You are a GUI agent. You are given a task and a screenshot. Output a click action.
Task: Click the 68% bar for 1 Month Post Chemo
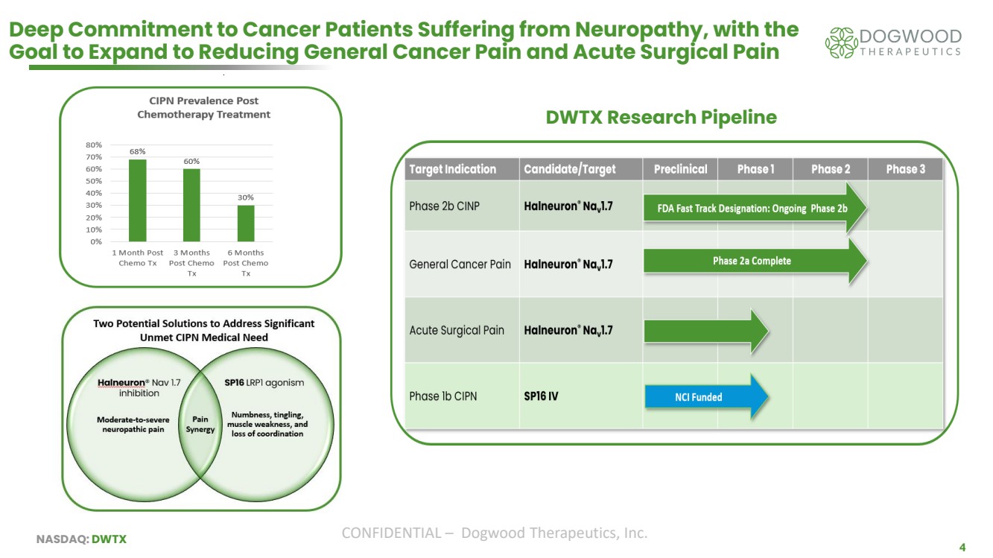click(x=137, y=200)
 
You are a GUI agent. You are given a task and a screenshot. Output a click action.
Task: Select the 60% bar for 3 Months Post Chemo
click(x=191, y=205)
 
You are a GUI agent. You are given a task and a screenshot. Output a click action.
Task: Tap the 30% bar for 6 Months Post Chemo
click(x=246, y=223)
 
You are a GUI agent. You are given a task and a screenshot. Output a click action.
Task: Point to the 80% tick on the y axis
click(x=94, y=145)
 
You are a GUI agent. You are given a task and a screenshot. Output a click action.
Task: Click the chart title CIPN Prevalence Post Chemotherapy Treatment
click(x=203, y=107)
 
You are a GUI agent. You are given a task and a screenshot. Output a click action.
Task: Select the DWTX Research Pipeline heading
click(x=661, y=118)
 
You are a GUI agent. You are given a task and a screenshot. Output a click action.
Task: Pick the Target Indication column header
click(x=452, y=169)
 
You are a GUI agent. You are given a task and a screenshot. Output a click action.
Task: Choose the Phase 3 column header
click(x=905, y=169)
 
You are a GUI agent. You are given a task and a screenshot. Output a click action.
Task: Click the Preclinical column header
click(x=680, y=169)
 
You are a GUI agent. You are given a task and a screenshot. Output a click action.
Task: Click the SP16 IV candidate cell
click(x=541, y=396)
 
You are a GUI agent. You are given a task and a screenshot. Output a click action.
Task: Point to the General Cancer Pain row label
click(x=460, y=264)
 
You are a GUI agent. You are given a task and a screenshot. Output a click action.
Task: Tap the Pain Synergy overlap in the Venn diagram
click(x=200, y=424)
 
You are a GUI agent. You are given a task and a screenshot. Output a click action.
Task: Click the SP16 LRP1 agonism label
click(x=264, y=382)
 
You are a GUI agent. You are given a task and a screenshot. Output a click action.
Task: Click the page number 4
click(x=962, y=548)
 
